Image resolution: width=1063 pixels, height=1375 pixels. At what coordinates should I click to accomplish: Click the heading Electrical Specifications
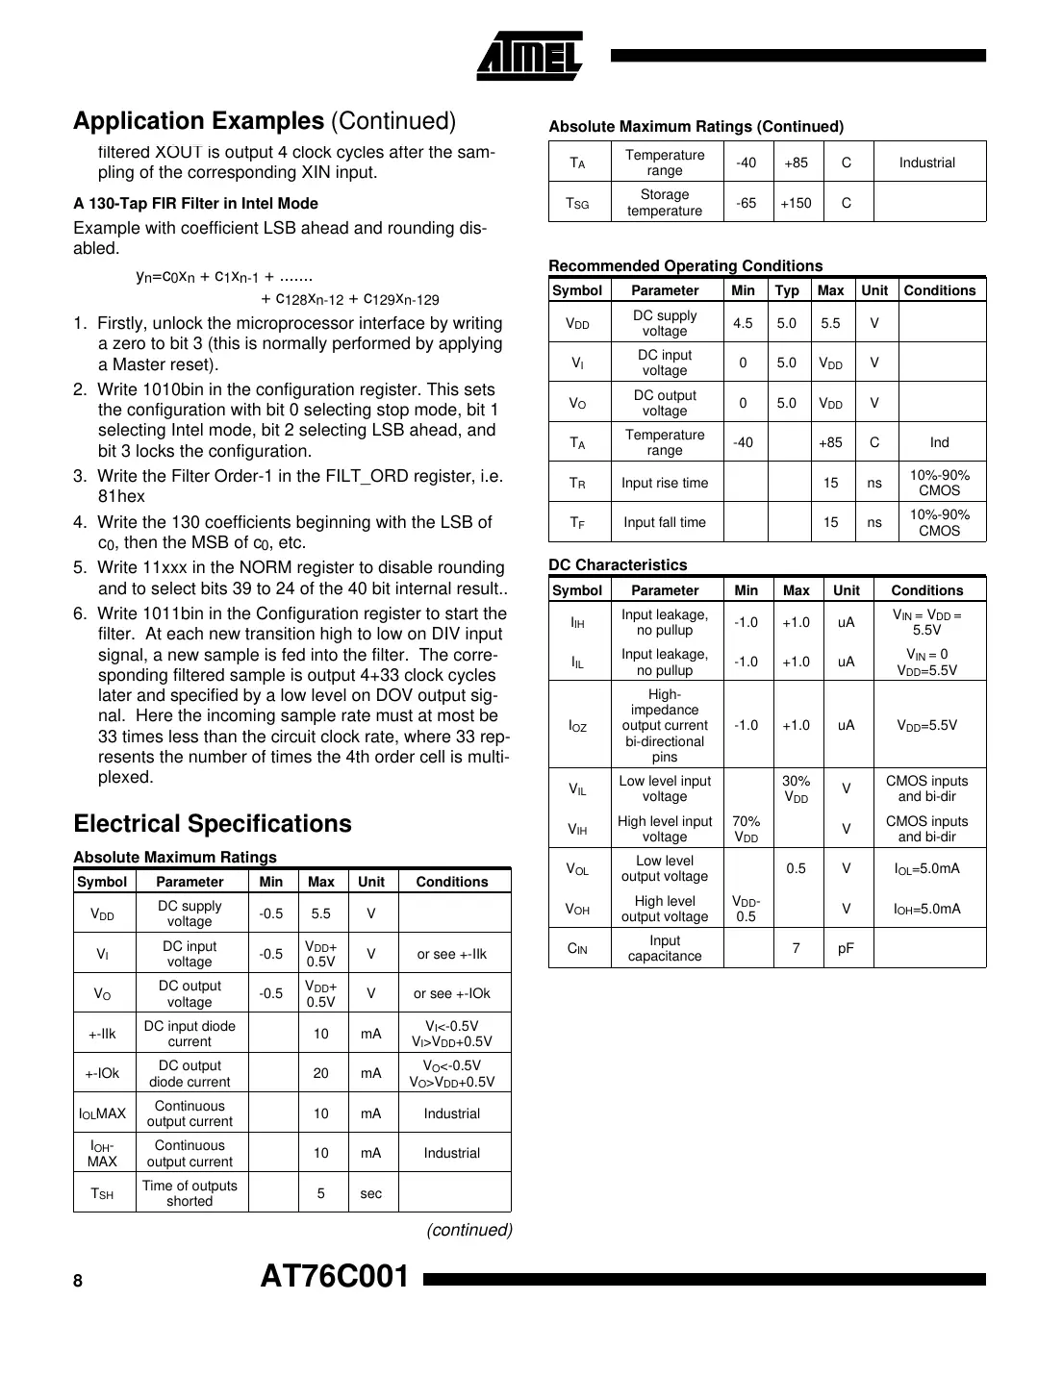(213, 824)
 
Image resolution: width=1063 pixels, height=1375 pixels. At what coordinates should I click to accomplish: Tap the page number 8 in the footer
(78, 1281)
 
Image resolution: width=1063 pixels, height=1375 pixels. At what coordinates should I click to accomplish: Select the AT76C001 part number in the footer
(335, 1277)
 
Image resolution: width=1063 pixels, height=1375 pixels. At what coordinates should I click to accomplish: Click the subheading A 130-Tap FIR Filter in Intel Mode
(195, 204)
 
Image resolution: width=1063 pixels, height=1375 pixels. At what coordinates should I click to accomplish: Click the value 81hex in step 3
(121, 496)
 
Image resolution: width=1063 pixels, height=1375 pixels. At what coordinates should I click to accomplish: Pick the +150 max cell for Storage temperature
(796, 203)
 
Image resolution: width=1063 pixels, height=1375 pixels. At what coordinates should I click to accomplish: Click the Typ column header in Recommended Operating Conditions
(787, 290)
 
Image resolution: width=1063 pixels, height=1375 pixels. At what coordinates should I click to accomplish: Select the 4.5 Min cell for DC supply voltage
(743, 323)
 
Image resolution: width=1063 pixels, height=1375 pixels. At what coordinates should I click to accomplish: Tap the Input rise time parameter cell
(665, 483)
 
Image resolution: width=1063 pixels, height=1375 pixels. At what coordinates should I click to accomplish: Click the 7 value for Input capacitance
(797, 948)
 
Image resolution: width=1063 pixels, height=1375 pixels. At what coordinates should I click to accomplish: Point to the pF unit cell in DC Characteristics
(846, 948)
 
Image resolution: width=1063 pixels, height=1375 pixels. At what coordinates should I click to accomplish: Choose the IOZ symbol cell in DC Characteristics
(578, 726)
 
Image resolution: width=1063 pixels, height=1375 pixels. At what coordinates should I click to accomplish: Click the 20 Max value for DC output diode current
(321, 1073)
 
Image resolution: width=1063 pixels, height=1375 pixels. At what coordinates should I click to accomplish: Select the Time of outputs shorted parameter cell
(190, 1193)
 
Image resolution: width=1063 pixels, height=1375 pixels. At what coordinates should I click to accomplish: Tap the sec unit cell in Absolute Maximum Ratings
(371, 1193)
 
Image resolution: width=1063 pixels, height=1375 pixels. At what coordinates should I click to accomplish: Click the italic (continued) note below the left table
(469, 1230)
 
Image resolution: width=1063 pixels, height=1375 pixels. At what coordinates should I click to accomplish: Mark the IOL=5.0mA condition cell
(926, 868)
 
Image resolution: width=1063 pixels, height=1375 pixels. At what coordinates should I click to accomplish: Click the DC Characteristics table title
(618, 565)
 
